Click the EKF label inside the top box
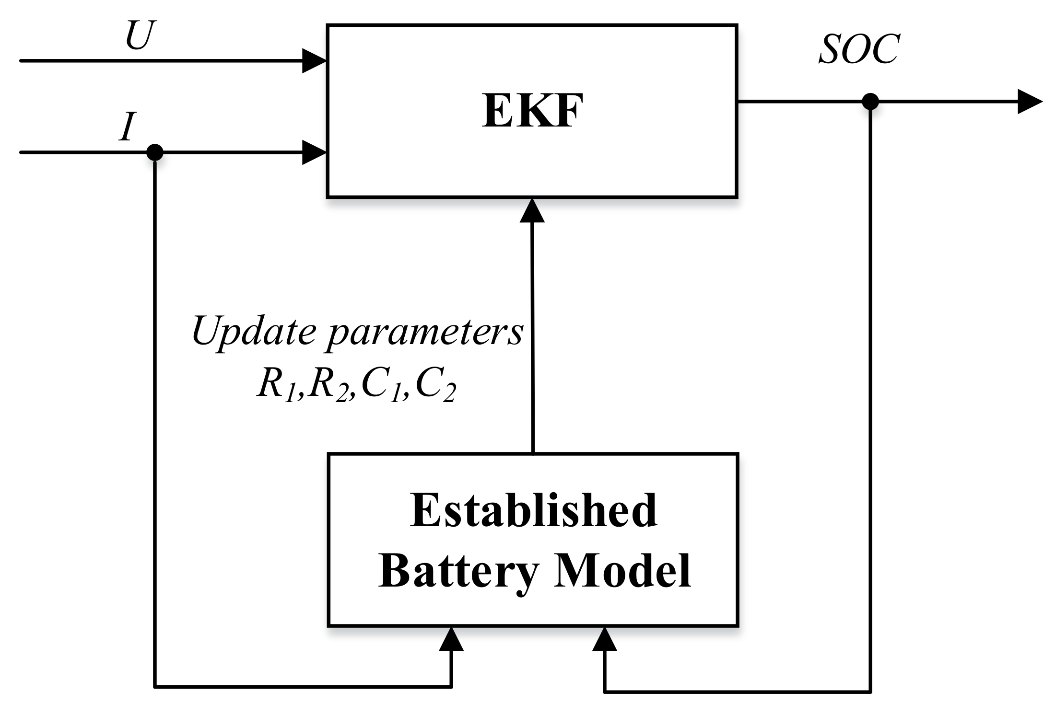(532, 111)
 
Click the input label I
(127, 127)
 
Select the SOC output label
(858, 50)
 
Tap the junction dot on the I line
(154, 152)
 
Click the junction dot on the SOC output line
(870, 102)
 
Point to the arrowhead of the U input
(314, 61)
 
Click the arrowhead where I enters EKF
(314, 152)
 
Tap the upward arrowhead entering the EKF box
(532, 211)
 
